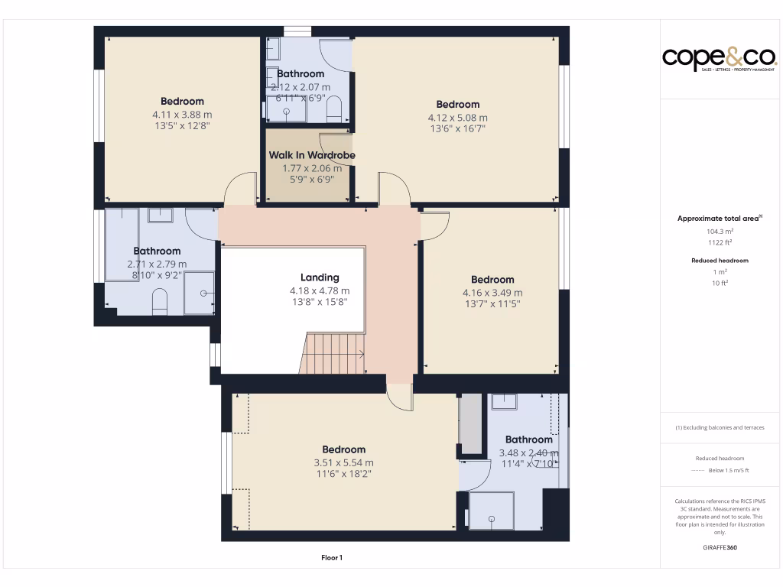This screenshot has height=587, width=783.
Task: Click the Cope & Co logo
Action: (x=720, y=58)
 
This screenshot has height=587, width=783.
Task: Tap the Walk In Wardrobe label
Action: (x=312, y=155)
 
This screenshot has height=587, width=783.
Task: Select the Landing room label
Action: (x=320, y=277)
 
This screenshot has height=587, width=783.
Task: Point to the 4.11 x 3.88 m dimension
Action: (x=182, y=115)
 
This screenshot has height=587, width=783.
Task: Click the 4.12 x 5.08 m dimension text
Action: (x=457, y=118)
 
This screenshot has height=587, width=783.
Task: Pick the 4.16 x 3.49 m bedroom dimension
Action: (x=492, y=293)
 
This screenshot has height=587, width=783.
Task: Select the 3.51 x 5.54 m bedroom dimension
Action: (x=343, y=462)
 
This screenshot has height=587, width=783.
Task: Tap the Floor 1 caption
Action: (x=332, y=558)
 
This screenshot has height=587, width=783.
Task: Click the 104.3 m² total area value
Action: (x=720, y=231)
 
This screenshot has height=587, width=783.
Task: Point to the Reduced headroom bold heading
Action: (x=720, y=261)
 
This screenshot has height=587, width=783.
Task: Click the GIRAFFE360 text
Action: (x=720, y=547)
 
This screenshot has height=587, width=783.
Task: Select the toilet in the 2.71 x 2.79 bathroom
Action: (x=160, y=303)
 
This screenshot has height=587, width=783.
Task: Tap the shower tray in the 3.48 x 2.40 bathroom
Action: (x=491, y=511)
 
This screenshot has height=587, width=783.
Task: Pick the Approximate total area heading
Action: (x=720, y=219)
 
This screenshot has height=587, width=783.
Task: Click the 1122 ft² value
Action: (x=720, y=243)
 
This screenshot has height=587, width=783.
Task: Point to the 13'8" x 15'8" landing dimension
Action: (x=320, y=303)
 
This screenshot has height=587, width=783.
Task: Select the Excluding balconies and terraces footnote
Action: (x=720, y=427)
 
